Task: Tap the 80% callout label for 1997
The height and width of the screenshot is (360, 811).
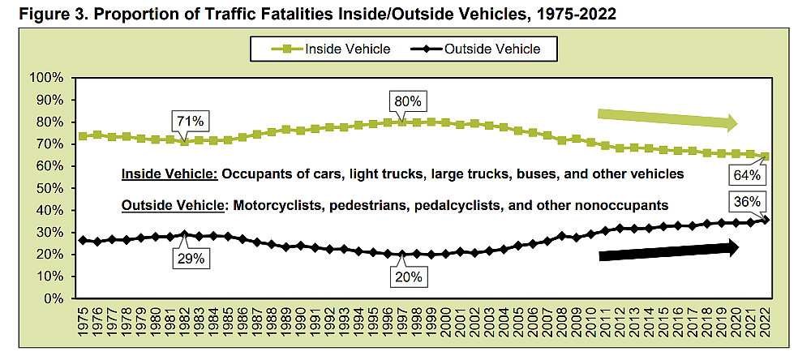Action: coord(408,101)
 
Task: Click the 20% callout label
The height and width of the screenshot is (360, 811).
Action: coord(408,279)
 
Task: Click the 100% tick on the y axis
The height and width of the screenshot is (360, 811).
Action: coord(46,79)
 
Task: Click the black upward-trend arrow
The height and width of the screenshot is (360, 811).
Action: coord(669,251)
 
